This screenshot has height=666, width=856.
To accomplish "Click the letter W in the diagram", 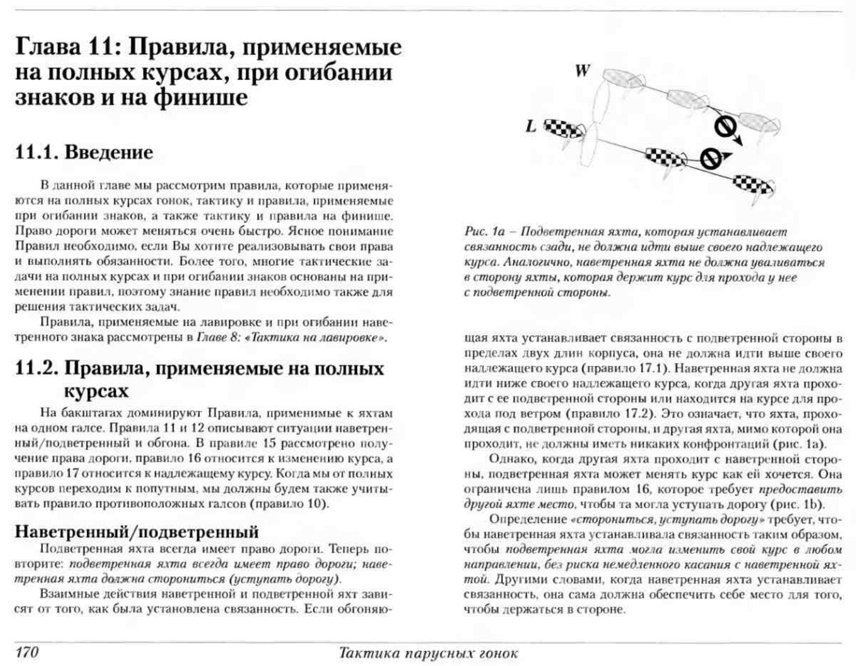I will point(582,71).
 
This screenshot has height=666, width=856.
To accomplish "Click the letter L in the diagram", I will point(530,126).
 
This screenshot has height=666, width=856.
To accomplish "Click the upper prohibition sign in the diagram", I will point(725,127).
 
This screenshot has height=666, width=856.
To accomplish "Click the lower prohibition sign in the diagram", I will point(710,159).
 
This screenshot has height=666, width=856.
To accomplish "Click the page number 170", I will point(27,652).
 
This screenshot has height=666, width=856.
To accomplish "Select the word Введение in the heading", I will point(109,152).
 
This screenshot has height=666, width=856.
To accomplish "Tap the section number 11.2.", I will point(37,368).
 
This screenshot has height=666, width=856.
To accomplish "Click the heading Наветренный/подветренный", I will point(136,532).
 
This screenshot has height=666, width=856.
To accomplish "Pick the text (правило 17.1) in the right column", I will point(625,368).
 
